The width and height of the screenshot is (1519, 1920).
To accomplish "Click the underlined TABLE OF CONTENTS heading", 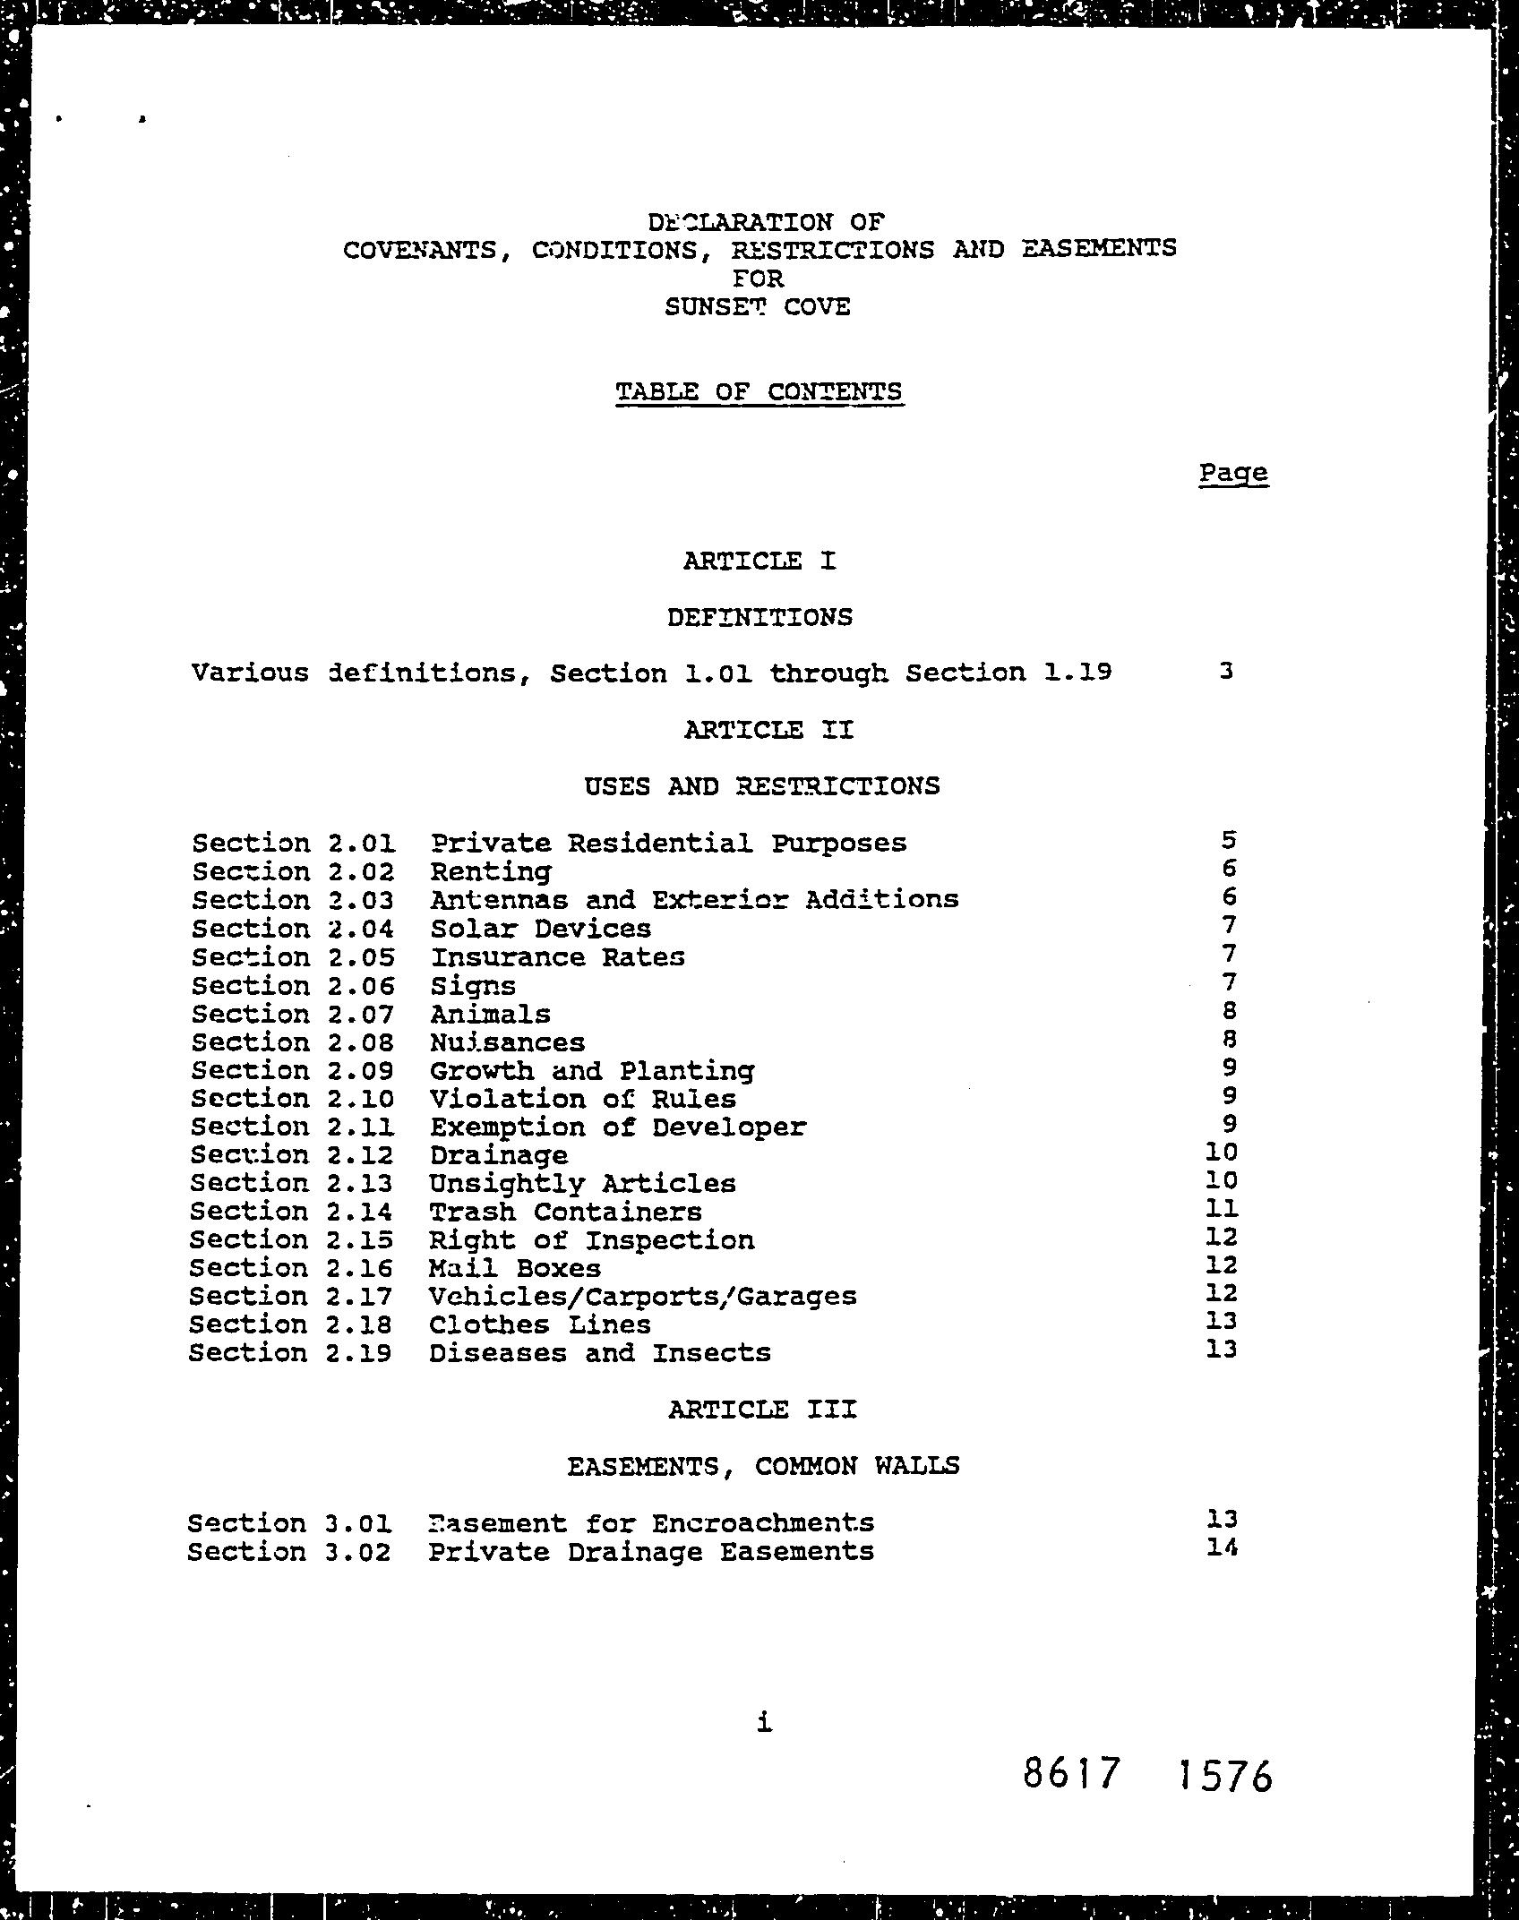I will coord(759,392).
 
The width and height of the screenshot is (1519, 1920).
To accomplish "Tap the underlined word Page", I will coord(1233,473).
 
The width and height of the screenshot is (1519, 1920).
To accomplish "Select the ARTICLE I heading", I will coord(759,561).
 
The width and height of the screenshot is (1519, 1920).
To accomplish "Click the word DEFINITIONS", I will coord(759,617).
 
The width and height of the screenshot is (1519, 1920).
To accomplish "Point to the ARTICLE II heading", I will coord(768,730).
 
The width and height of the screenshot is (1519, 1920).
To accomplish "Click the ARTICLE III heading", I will coord(762,1410).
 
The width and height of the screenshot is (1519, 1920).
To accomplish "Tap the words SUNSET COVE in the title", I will coord(757,307).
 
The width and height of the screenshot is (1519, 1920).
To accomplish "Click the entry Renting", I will coord(491,872).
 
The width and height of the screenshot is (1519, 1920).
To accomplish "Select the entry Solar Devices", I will coord(540,929).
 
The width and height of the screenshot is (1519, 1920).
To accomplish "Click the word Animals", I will coord(490,1015).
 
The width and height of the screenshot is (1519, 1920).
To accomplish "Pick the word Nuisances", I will coord(507,1042).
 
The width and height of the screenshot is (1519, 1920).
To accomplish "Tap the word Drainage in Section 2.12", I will coord(498,1155).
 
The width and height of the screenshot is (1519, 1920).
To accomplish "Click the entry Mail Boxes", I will coord(515,1268).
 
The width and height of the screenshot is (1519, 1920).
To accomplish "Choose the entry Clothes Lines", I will coord(539,1324).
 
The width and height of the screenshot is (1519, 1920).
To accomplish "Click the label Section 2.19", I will coord(290,1352).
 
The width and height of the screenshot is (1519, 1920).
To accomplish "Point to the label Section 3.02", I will coord(289,1551).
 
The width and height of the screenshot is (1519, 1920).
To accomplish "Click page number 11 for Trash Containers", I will coord(1222,1209).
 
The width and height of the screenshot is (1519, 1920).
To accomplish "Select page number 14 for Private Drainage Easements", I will coord(1222,1547).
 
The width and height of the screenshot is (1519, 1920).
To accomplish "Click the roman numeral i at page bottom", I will coord(763,1721).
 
